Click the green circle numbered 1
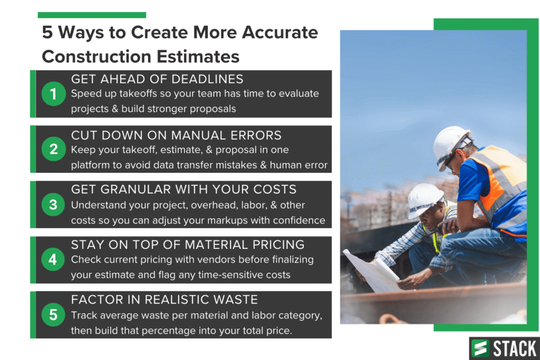(53, 94)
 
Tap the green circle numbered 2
(53, 149)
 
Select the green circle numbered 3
(53, 205)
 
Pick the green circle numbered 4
(53, 259)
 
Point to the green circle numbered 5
(53, 315)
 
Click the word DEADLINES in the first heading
(207, 79)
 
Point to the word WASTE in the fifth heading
(236, 299)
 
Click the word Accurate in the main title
(279, 33)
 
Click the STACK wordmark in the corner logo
(515, 348)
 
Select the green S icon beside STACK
(480, 348)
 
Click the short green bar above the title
(92, 15)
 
